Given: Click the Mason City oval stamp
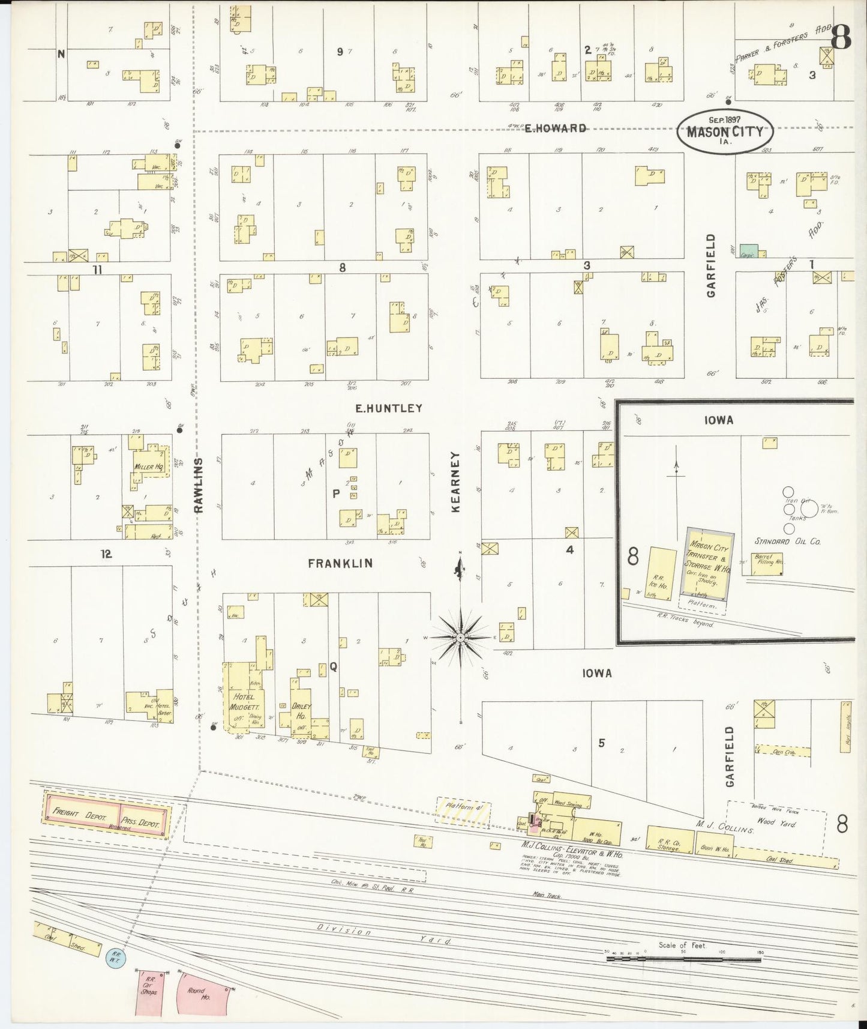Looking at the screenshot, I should coord(725,130).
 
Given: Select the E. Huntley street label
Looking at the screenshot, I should coord(388,408).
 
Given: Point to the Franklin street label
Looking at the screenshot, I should coord(340,563).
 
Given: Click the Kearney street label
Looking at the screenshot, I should coord(455,482).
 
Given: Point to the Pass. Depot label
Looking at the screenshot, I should coord(140,822).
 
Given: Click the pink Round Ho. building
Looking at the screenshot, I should coord(203,993).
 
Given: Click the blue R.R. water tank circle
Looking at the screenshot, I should coord(114,957).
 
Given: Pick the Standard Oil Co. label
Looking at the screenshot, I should coord(787,541).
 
